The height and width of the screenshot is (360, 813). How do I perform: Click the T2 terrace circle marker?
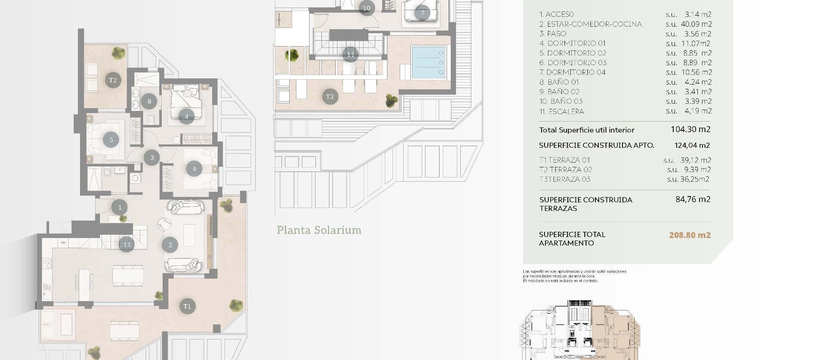113,80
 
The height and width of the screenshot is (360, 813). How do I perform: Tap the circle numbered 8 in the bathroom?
149,101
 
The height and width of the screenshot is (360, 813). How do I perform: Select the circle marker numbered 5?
111,139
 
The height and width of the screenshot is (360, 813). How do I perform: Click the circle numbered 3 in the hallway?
152,158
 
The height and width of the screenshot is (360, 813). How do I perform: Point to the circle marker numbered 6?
194,169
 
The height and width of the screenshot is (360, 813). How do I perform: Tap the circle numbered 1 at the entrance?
120,207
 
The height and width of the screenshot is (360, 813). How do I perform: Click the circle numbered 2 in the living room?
170,245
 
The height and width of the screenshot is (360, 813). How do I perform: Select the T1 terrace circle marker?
187,306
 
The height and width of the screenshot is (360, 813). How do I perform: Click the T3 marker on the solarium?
330,97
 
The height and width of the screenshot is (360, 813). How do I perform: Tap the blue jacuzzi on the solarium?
428,63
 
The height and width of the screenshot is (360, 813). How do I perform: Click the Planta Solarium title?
319,230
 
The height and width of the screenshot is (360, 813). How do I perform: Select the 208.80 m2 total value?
689,235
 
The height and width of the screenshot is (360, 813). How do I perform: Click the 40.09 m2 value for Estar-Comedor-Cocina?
696,24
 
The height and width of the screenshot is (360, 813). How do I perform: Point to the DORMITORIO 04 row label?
572,72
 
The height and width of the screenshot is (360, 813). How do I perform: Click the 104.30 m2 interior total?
690,130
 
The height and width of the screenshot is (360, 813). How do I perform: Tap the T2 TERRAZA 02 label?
565,170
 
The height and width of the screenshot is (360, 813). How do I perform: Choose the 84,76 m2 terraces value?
693,199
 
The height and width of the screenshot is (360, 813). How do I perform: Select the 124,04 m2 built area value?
692,145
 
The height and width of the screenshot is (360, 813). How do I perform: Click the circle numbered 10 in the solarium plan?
366,8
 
